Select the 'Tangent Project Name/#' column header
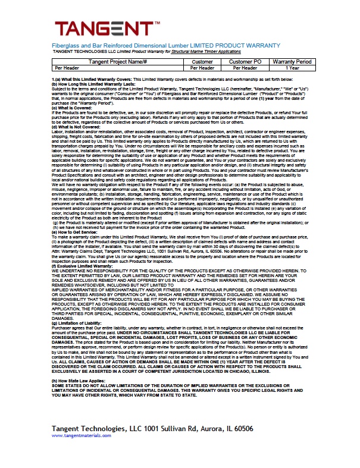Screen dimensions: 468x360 pos(117,62)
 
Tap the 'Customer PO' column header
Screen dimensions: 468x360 pos(249,62)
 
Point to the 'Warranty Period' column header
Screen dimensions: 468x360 pos(292,62)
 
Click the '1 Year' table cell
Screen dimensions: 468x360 pos(292,68)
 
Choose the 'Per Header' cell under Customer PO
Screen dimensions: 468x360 pos(249,68)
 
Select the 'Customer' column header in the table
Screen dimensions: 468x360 pos(202,62)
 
